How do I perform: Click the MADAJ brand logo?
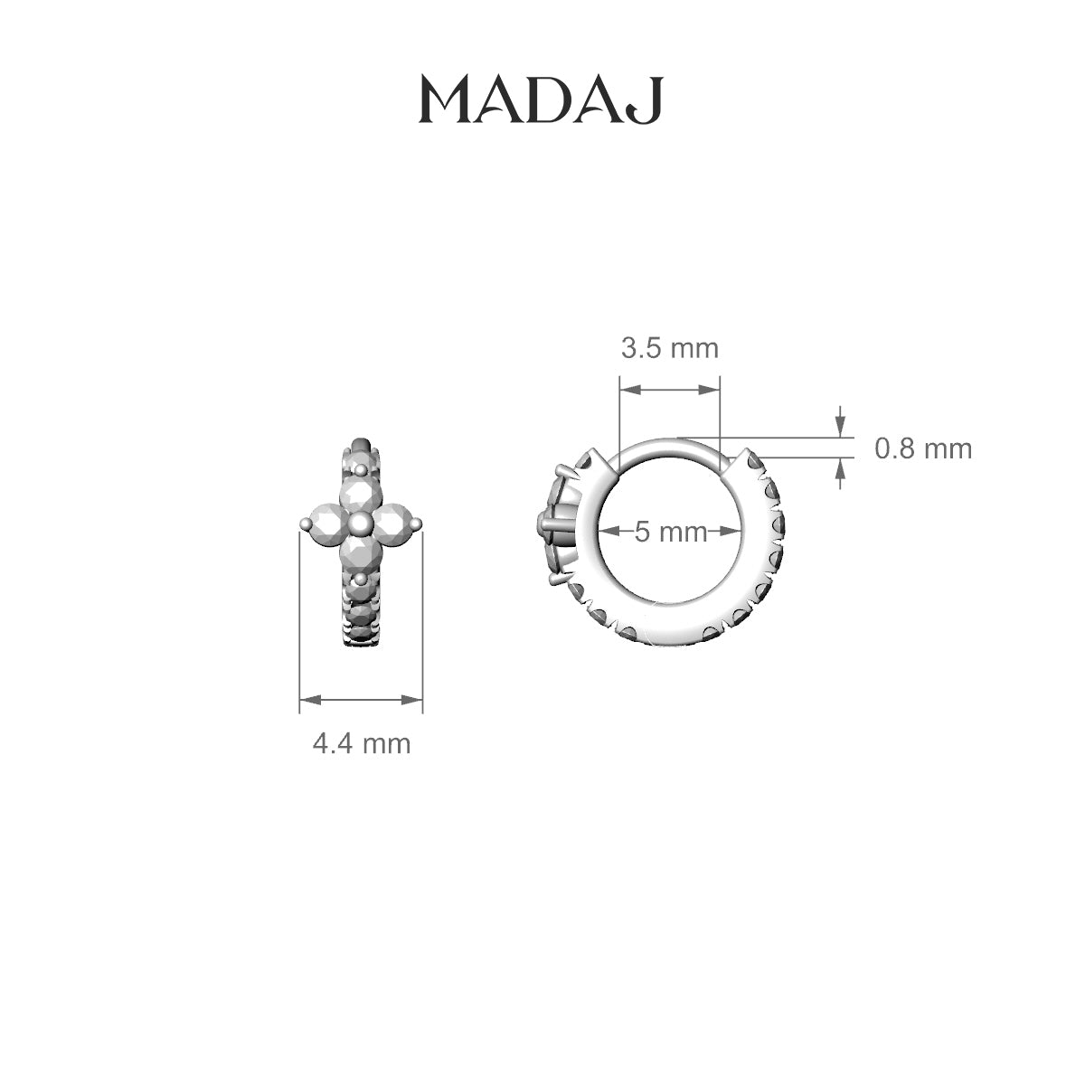point(541,100)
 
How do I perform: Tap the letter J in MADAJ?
point(646,100)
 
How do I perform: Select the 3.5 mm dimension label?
point(670,348)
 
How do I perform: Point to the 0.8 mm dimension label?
point(923,449)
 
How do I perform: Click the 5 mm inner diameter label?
point(671,532)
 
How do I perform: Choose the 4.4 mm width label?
point(362,744)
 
